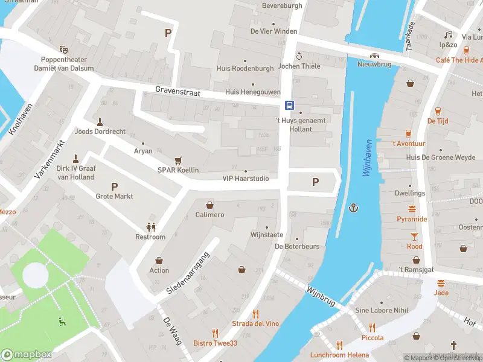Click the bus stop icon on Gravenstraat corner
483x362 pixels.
[x=290, y=105]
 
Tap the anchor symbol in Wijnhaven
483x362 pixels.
[x=354, y=208]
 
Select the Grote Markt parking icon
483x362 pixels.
[x=114, y=186]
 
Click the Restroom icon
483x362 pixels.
[x=150, y=227]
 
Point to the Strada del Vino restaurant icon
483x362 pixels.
[x=256, y=314]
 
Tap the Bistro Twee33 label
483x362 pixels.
[x=215, y=343]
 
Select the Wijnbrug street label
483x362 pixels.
[x=321, y=296]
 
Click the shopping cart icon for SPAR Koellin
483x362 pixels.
[x=178, y=160]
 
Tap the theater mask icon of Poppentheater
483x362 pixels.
[x=63, y=49]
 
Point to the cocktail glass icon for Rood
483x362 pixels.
[x=414, y=237]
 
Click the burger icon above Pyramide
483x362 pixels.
[x=412, y=209]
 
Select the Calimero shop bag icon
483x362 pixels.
[x=210, y=205]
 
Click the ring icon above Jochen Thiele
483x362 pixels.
[x=298, y=56]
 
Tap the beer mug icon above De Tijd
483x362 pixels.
[x=437, y=111]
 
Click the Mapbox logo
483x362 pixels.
[x=27, y=354]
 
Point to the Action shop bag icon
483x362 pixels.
[x=159, y=261]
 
